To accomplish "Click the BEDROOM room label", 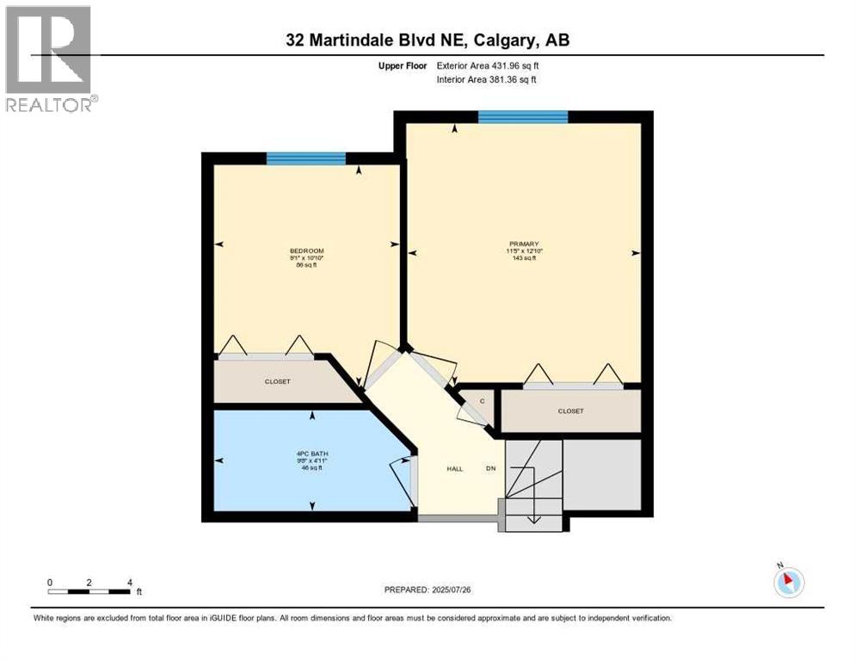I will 306,250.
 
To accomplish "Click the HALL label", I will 454,469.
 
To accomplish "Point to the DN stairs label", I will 490,469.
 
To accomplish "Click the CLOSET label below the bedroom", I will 277,381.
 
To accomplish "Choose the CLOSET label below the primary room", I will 570,411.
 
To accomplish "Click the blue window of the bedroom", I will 305,158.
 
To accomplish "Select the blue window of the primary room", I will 522,117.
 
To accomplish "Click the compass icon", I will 788,582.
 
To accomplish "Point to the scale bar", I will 89,591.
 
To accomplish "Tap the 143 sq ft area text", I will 525,258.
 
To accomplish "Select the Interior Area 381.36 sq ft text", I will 491,80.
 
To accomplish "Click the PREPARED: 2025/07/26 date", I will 427,590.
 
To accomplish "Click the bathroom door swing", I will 402,477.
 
